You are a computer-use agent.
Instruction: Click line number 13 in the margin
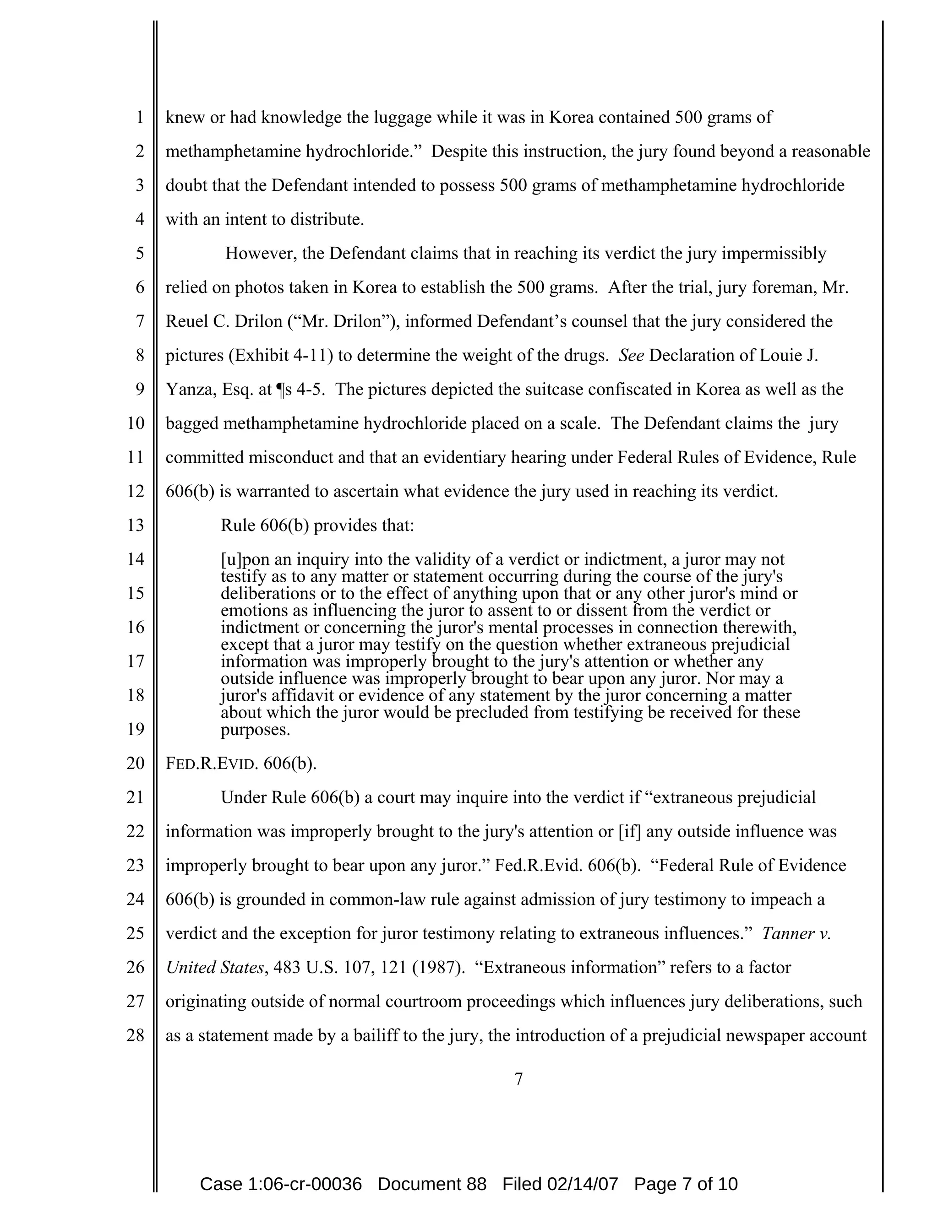(x=135, y=525)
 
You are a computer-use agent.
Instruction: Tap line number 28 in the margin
(x=135, y=1035)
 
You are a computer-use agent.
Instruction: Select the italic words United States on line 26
(x=214, y=968)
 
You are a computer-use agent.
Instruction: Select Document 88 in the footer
(x=432, y=1184)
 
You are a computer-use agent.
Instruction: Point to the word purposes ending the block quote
(x=255, y=730)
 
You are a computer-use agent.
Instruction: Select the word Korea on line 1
(x=571, y=118)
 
